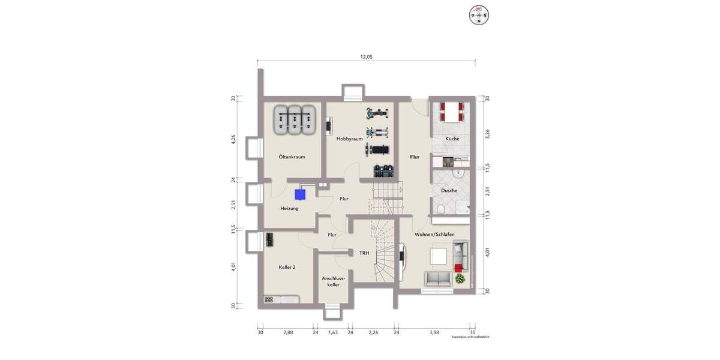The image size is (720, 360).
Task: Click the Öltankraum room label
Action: (292, 157)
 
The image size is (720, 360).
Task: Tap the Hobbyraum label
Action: (350, 139)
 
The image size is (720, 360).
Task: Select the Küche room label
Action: (452, 139)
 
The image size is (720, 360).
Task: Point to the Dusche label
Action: (449, 190)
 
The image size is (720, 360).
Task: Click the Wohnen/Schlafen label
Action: (434, 234)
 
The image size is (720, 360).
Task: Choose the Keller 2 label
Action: (287, 267)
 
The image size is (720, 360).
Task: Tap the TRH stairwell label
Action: (364, 253)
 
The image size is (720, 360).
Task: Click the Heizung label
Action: (289, 208)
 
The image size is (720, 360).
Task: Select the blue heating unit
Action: (299, 194)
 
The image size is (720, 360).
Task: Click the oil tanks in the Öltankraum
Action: (295, 120)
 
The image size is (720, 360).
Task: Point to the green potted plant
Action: (460, 278)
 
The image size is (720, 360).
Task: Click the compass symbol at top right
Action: (479, 15)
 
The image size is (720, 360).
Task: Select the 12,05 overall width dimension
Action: (367, 57)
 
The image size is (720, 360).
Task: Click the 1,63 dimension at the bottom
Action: (333, 332)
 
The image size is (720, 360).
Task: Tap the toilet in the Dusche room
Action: (441, 208)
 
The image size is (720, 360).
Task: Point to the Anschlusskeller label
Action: (331, 281)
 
